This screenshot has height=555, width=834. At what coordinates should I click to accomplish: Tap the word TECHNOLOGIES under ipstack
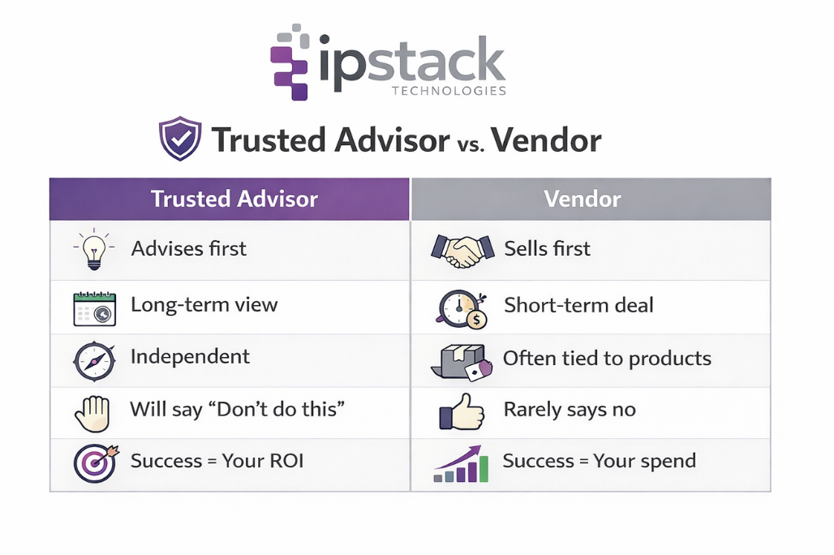tap(449, 90)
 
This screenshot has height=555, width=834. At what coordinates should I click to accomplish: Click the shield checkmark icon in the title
tap(179, 139)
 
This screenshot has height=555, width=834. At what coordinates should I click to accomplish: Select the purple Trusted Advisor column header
tap(230, 200)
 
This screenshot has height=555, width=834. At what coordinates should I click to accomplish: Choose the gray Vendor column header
tap(590, 200)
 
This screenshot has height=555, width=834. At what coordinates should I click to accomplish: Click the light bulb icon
tap(94, 249)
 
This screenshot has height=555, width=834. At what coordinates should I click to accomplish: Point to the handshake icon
tap(462, 249)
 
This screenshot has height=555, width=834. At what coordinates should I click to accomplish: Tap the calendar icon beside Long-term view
tap(94, 308)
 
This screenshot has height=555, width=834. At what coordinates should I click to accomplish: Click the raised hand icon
tap(91, 412)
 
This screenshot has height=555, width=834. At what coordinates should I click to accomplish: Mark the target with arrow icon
tap(96, 462)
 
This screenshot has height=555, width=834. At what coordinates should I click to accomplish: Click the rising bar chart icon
tap(461, 464)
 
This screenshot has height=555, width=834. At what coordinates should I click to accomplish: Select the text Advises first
tap(188, 248)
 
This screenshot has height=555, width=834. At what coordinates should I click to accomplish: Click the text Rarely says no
tap(569, 410)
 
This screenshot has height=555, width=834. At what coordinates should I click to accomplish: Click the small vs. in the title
tap(470, 144)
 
